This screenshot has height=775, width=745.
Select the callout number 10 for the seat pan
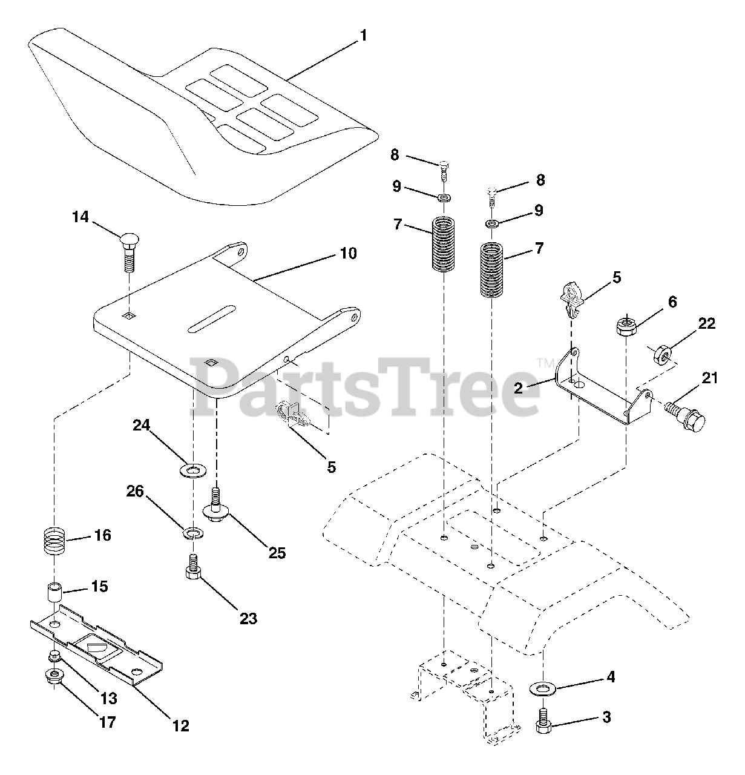coord(348,252)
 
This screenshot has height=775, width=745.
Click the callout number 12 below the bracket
coord(181,725)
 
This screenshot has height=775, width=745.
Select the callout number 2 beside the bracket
coord(519,387)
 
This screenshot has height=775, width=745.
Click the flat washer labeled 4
coord(543,689)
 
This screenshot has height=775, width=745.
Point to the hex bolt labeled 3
coord(543,720)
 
